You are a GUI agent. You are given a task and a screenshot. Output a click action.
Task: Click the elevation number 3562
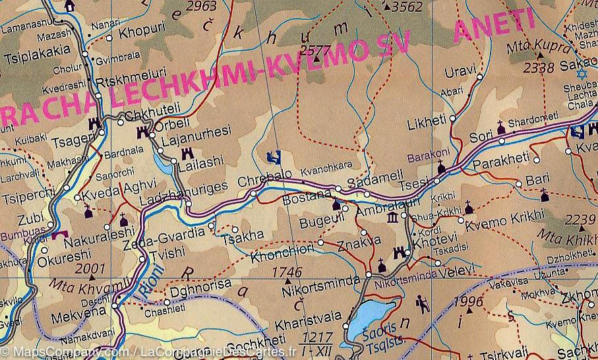pos(406,7)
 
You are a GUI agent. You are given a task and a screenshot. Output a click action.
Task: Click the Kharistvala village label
pos(305,325)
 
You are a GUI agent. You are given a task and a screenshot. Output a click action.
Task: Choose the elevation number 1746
pos(287,272)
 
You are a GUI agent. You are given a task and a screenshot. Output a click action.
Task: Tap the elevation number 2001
pos(90,268)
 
